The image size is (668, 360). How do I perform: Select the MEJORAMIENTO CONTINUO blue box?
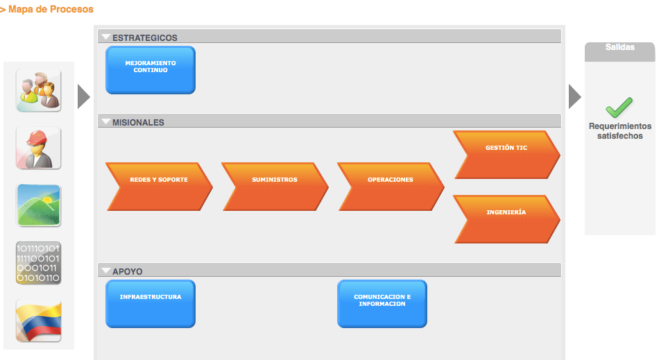150,69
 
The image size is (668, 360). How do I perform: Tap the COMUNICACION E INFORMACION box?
382,303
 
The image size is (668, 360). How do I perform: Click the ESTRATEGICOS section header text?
144,37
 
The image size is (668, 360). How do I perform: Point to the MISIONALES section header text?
138,122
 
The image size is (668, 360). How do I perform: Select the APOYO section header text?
127,271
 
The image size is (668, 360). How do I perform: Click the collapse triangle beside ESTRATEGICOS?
105,37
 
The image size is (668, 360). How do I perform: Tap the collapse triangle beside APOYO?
105,271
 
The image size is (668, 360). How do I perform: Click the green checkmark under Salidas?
619,107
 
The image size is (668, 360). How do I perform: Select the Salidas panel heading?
619,48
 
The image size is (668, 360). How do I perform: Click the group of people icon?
38,90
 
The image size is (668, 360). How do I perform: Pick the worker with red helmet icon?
38,148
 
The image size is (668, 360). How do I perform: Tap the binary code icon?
38,263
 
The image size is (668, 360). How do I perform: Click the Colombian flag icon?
38,320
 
